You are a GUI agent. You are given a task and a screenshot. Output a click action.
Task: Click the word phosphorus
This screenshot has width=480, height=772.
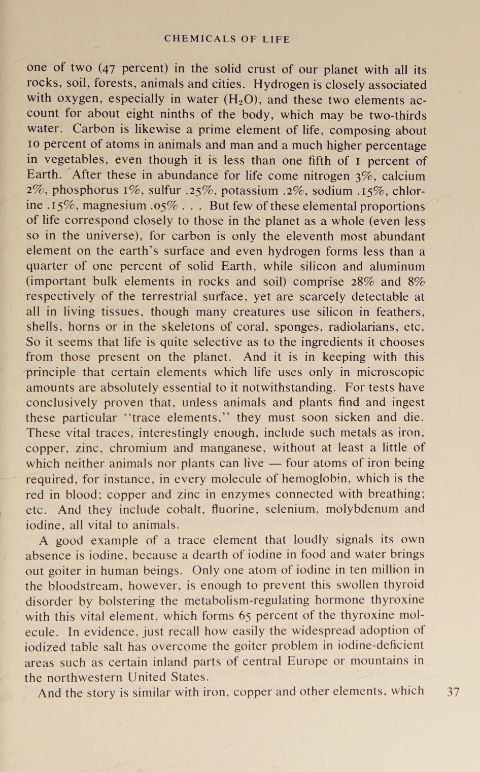click(85, 191)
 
